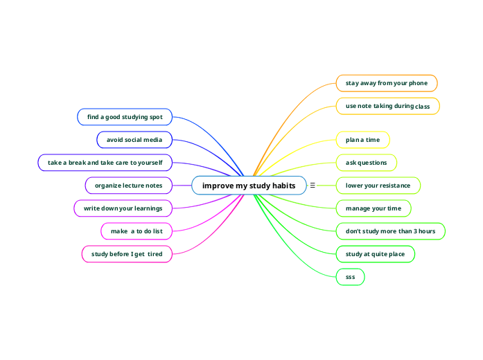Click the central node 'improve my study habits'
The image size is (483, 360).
248,186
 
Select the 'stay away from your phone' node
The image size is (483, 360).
387,83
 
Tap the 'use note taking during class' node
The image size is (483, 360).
387,106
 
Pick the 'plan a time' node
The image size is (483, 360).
362,140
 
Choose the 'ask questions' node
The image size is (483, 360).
366,163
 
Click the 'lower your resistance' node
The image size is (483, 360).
378,186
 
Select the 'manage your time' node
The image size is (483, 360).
373,208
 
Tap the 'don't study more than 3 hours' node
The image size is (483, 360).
390,231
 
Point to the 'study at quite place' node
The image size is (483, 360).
375,254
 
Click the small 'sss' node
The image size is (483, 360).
350,277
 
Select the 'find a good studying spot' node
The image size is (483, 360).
125,117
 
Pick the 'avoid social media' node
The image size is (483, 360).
134,140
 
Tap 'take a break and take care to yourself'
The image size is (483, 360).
105,163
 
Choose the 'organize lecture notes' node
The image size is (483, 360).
128,186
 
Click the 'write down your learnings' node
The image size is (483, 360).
123,208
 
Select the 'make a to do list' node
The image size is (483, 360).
137,231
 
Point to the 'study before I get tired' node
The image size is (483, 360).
127,254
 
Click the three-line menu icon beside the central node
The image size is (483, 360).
313,186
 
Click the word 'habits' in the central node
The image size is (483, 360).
281,186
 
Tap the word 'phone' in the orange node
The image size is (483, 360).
418,83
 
